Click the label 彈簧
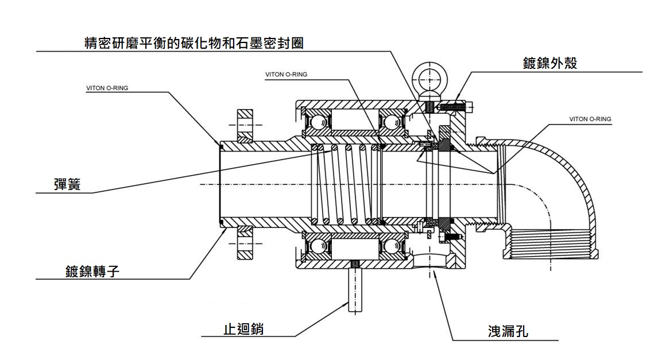click(67, 185)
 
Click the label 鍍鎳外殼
click(549, 63)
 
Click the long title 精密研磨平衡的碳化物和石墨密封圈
click(193, 43)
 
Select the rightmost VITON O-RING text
click(590, 119)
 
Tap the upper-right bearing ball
click(393, 122)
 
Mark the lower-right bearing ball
click(393, 246)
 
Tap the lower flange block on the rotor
click(245, 242)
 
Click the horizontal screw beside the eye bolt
click(455, 106)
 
